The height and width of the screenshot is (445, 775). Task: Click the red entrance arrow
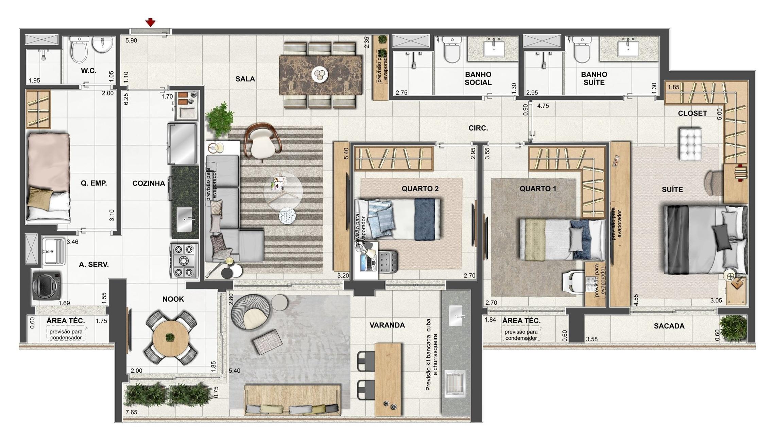click(x=151, y=23)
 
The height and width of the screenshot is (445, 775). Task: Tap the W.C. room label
click(x=89, y=71)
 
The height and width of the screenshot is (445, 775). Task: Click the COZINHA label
click(x=149, y=183)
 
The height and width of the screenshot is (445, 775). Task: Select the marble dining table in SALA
click(x=321, y=75)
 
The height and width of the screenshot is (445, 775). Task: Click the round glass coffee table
click(x=283, y=192)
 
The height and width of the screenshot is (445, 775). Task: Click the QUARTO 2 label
click(x=420, y=189)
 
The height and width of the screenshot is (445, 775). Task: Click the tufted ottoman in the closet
click(x=690, y=144)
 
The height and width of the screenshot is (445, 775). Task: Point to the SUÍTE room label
click(x=672, y=190)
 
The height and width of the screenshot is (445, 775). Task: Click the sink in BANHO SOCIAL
click(x=494, y=49)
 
